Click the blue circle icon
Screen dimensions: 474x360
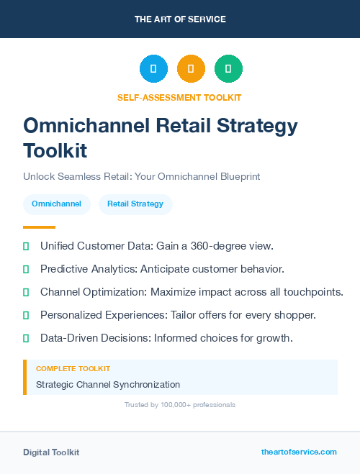click(x=153, y=69)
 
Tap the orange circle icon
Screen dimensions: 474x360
click(x=191, y=69)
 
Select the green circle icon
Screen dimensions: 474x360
click(x=228, y=69)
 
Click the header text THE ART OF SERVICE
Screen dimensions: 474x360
click(x=180, y=19)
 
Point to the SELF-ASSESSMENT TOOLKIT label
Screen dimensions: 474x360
click(x=179, y=97)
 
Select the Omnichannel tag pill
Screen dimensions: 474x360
click(x=57, y=204)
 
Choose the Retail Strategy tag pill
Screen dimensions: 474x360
click(x=135, y=204)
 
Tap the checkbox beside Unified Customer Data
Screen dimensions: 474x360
click(x=26, y=246)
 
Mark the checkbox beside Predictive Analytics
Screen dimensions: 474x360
click(x=26, y=269)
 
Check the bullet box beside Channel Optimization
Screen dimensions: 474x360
click(x=26, y=292)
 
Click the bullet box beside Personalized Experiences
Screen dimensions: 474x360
click(x=26, y=315)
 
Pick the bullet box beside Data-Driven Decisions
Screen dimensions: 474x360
click(x=26, y=338)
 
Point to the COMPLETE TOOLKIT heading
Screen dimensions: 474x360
click(x=73, y=368)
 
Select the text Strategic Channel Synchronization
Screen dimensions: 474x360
click(x=108, y=385)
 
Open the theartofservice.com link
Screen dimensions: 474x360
click(x=299, y=452)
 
